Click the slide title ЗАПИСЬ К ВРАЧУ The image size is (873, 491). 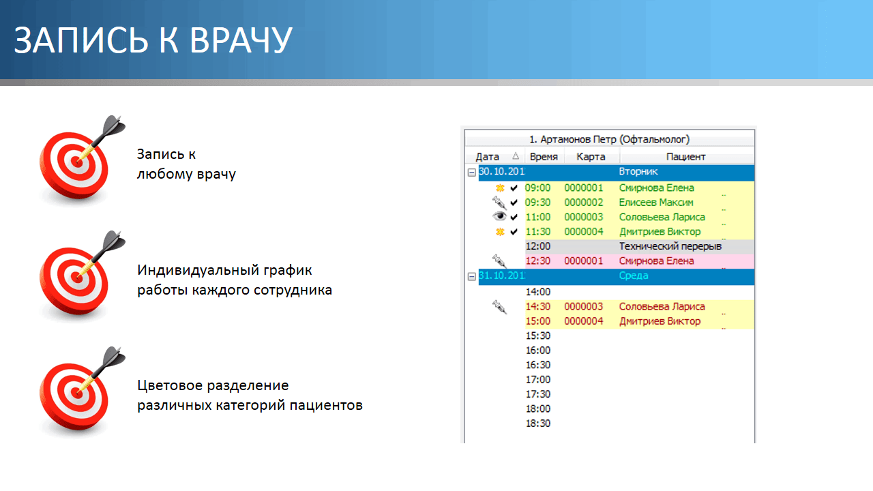153,40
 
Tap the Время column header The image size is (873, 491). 544,157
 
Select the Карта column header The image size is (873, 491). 591,157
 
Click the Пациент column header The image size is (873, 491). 686,157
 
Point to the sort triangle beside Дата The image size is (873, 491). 516,156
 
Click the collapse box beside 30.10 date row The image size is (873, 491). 471,173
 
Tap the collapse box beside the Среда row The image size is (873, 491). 471,276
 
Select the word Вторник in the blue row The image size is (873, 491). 638,171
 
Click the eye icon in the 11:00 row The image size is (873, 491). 499,216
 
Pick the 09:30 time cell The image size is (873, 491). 538,203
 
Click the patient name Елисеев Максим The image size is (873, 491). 656,203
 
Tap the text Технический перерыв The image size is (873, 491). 670,246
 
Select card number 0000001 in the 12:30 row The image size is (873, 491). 583,261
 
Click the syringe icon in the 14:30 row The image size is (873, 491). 499,307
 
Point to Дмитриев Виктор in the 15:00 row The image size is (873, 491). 660,321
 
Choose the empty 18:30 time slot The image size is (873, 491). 538,423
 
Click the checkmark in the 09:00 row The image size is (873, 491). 514,188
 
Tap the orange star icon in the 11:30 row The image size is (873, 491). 500,232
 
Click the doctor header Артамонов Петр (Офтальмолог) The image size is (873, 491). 609,139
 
